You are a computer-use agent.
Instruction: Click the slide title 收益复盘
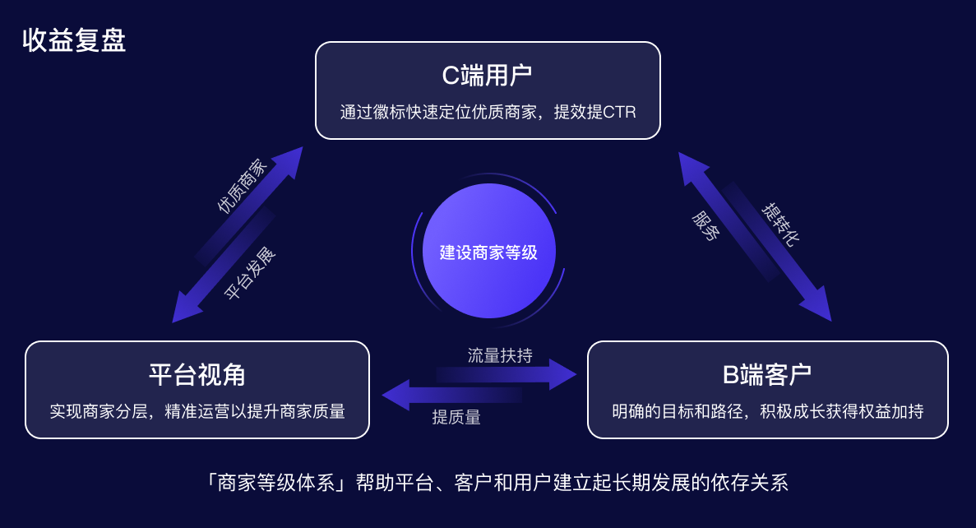pyautogui.click(x=74, y=40)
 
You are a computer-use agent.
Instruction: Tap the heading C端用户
pyautogui.click(x=487, y=76)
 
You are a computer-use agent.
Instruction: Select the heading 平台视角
pyautogui.click(x=197, y=375)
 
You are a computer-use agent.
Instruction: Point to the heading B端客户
pyautogui.click(x=767, y=375)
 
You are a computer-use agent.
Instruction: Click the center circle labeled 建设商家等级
pyautogui.click(x=488, y=252)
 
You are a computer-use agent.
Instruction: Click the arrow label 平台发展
pyautogui.click(x=250, y=273)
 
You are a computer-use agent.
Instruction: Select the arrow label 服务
pyautogui.click(x=706, y=225)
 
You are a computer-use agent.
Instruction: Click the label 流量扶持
pyautogui.click(x=500, y=355)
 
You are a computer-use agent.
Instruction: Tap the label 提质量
pyautogui.click(x=456, y=417)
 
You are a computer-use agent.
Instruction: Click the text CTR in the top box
pyautogui.click(x=619, y=112)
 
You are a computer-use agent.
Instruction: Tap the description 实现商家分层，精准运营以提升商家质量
pyautogui.click(x=197, y=411)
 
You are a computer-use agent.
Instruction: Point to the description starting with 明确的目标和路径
pyautogui.click(x=767, y=411)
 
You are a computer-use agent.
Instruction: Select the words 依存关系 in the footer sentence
pyautogui.click(x=748, y=482)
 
